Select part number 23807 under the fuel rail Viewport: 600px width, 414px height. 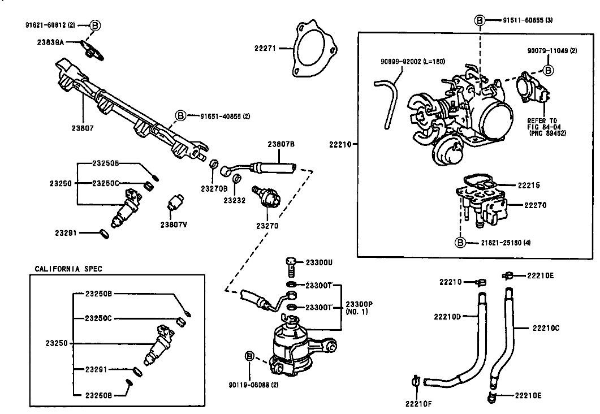click(x=82, y=128)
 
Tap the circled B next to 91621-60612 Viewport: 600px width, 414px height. click(x=95, y=25)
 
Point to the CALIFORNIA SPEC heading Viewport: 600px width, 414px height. click(x=68, y=269)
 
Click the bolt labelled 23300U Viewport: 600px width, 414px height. click(x=291, y=268)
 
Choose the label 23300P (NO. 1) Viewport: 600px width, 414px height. click(x=359, y=308)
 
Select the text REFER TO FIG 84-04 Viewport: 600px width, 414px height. click(x=542, y=124)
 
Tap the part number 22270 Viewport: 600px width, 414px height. click(x=536, y=205)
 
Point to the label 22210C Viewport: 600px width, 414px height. click(x=545, y=328)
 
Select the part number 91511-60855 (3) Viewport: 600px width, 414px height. click(x=528, y=20)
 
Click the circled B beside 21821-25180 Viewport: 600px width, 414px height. click(x=460, y=242)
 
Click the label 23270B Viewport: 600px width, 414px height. click(x=214, y=189)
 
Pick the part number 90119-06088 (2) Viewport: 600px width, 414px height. click(x=254, y=385)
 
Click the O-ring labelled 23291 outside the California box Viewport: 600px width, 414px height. click(x=104, y=234)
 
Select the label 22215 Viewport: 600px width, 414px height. click(x=529, y=186)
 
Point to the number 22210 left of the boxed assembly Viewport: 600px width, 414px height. click(x=340, y=145)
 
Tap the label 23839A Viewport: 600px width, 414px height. click(x=50, y=42)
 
